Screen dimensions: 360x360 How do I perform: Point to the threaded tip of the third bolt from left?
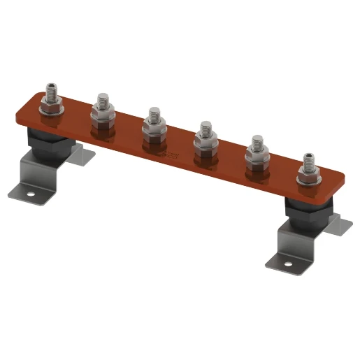tap(153, 113)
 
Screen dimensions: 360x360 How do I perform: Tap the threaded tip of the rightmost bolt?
tap(308, 158)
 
